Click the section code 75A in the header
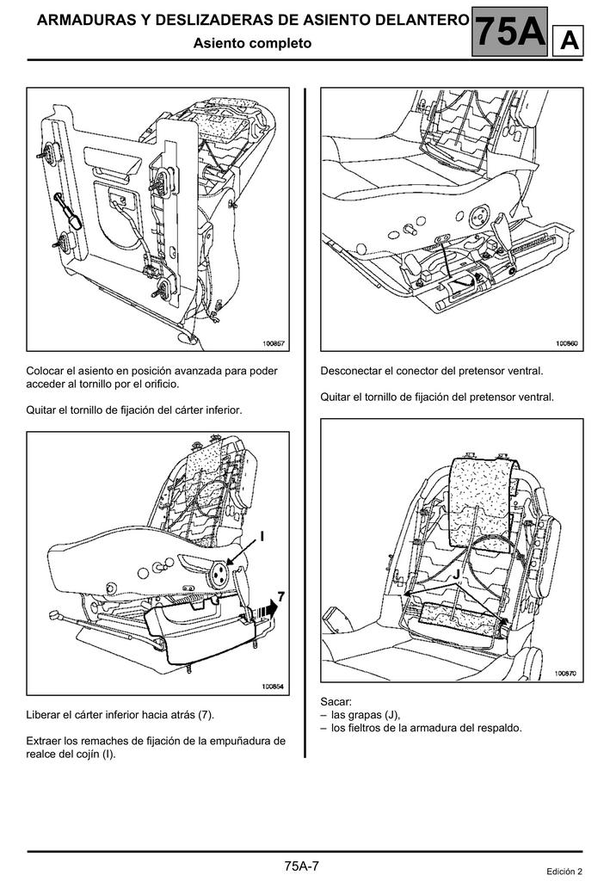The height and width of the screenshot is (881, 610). point(510,33)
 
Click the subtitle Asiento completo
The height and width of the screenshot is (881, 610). point(252,42)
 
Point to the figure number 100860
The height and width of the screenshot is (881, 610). point(566,343)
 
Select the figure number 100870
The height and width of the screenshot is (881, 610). point(566,675)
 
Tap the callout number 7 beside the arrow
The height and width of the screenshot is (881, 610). point(280,595)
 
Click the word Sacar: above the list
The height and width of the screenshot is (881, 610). point(336,702)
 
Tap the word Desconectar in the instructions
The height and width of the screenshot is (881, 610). point(350,372)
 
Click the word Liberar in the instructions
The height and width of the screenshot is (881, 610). point(44,715)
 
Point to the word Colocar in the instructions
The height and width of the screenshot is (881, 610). point(46,372)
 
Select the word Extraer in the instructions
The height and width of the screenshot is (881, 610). point(44,741)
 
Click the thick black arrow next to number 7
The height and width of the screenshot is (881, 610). point(269,607)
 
